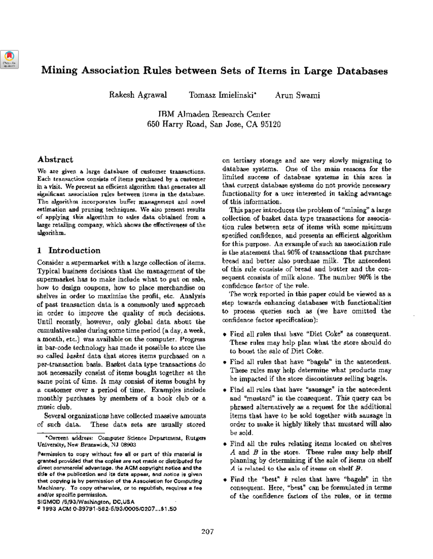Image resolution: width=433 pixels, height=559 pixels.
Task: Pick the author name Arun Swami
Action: (x=297, y=96)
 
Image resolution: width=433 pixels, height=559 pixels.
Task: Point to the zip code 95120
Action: (x=271, y=125)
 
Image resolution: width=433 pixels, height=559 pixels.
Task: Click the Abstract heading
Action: (x=55, y=160)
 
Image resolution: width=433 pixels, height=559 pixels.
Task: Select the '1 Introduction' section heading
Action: (x=69, y=250)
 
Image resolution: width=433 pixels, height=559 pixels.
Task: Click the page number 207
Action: (x=214, y=532)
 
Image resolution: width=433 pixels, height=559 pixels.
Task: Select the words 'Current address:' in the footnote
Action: (x=67, y=438)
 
